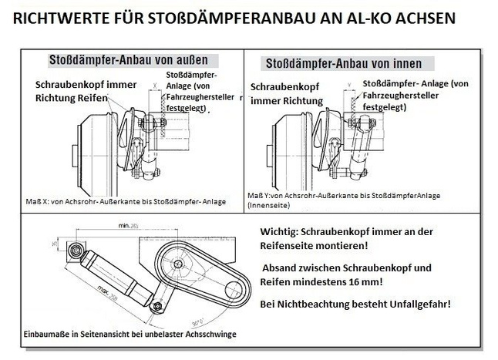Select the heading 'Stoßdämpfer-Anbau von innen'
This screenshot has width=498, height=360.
coord(343,62)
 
